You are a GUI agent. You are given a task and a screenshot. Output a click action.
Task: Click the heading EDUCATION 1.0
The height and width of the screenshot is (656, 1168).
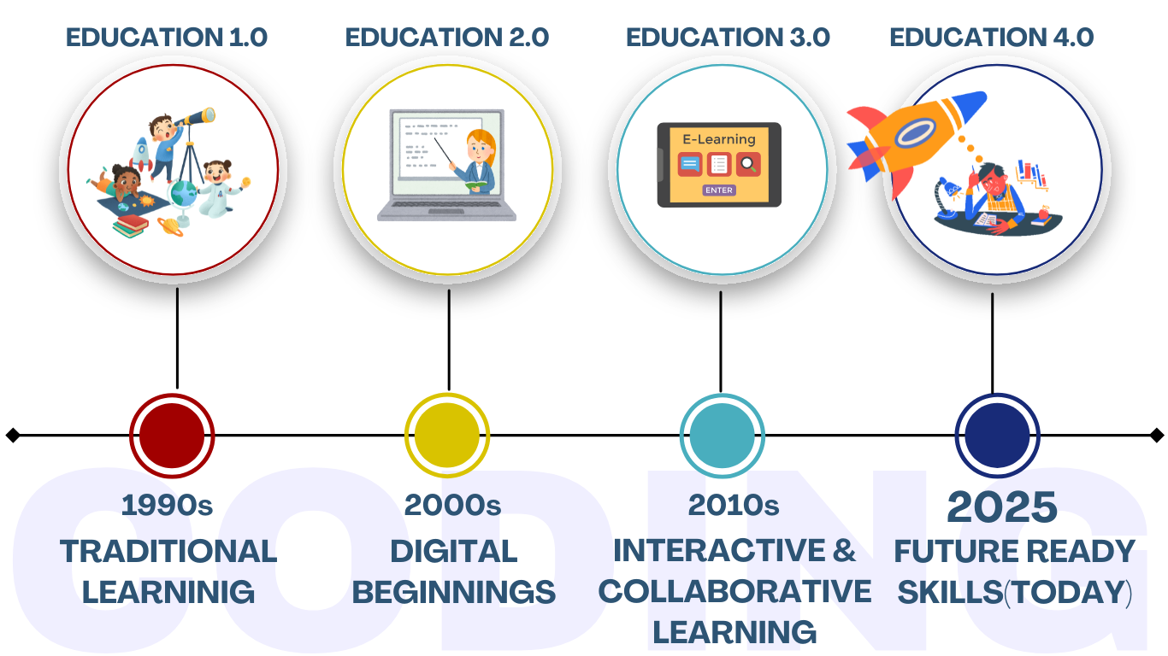(167, 38)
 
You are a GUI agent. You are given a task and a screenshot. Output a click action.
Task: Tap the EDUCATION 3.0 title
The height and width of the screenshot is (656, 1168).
(728, 38)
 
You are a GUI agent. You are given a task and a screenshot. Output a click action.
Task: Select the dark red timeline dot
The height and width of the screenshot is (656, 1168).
(172, 436)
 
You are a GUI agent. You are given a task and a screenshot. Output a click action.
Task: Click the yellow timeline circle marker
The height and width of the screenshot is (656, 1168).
(447, 436)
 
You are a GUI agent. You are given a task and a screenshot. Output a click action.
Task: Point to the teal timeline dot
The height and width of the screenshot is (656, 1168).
(723, 436)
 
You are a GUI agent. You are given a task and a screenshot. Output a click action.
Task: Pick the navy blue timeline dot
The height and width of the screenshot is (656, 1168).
(997, 436)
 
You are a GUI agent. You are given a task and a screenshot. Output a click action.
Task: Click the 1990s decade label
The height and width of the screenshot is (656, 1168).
(167, 506)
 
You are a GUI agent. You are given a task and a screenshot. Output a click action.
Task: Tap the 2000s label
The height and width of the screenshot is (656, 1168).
(452, 506)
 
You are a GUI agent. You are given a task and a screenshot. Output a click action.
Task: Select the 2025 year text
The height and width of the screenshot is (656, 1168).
(1001, 507)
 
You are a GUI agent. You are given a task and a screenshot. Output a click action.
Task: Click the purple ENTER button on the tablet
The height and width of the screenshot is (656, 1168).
(719, 190)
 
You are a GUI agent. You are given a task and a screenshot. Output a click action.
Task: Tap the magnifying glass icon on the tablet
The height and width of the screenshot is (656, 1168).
(748, 164)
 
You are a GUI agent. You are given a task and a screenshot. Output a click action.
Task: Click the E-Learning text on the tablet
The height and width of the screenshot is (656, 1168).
(719, 139)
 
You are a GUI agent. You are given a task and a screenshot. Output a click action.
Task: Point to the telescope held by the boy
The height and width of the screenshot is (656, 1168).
(196, 117)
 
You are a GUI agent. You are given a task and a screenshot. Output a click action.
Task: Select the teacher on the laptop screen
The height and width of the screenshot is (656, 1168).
(475, 161)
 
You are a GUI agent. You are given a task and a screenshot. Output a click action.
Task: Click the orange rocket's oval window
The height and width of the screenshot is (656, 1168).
(915, 132)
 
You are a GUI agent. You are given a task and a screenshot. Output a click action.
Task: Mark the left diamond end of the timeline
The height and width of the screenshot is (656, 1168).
(13, 435)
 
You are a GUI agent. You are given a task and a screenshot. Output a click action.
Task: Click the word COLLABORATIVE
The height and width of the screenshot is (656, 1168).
(734, 591)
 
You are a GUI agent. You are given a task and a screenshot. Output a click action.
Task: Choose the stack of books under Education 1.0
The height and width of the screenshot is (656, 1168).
(130, 226)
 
